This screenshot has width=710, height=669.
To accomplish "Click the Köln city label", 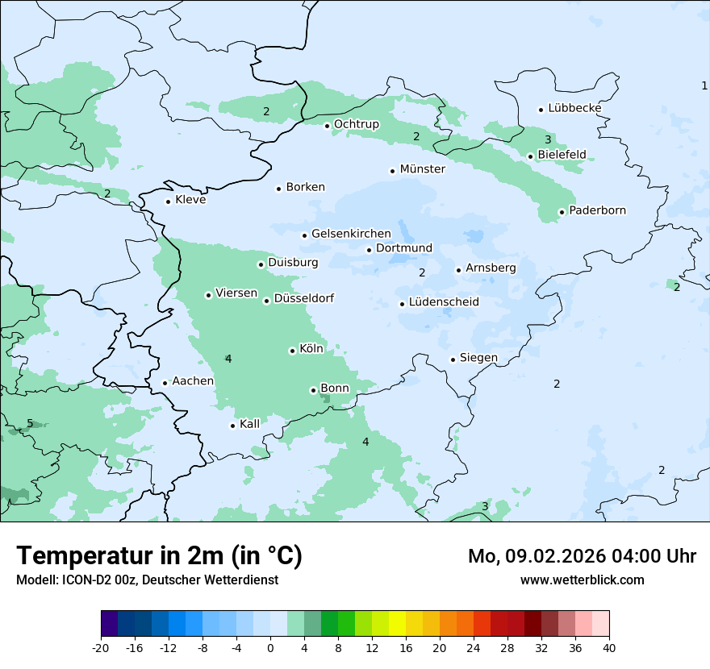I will click(311, 349).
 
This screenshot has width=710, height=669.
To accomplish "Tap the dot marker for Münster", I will click(392, 171).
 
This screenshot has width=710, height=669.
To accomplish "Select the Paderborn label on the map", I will click(597, 210).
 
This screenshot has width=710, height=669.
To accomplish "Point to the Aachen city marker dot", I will click(165, 384).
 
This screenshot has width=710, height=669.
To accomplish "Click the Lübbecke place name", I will click(574, 108).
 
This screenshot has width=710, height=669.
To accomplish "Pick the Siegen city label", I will click(478, 358).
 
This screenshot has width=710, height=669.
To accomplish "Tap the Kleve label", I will click(190, 200).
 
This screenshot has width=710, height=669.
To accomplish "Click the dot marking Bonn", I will click(313, 390).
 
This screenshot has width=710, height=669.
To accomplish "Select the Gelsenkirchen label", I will click(351, 234).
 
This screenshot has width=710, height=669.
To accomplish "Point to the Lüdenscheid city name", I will click(444, 302).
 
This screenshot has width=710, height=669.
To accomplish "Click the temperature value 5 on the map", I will click(30, 423).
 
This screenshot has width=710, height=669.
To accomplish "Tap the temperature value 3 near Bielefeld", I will click(548, 139).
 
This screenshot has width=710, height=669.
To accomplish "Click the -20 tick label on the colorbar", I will click(101, 648).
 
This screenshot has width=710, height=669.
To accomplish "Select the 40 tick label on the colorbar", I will click(609, 648).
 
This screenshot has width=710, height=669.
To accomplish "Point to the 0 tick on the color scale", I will click(270, 648).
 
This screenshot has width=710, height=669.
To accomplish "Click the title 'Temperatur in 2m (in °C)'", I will click(159, 555).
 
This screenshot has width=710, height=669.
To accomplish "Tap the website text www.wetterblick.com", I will click(582, 580).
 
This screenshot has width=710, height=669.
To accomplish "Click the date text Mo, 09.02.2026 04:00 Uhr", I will click(582, 556).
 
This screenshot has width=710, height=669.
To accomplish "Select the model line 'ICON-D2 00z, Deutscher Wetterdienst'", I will click(147, 580).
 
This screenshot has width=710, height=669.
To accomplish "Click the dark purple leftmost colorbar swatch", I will click(109, 624).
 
